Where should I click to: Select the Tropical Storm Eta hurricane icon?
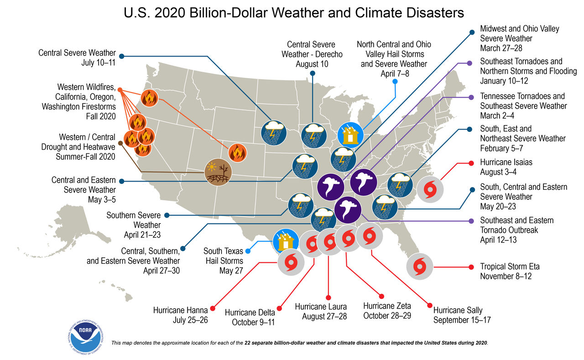(420, 266)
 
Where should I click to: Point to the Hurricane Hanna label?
(181, 315)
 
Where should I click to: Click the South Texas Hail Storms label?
(223, 261)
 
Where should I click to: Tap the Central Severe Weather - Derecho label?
(312, 54)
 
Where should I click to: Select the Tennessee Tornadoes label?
(523, 106)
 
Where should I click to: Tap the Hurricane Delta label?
(250, 317)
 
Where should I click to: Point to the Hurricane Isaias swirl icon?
(429, 189)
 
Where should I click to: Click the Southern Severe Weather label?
(134, 225)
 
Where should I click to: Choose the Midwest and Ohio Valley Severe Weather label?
(519, 38)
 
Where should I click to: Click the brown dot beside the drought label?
(120, 143)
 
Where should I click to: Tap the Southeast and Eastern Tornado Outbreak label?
(517, 230)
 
